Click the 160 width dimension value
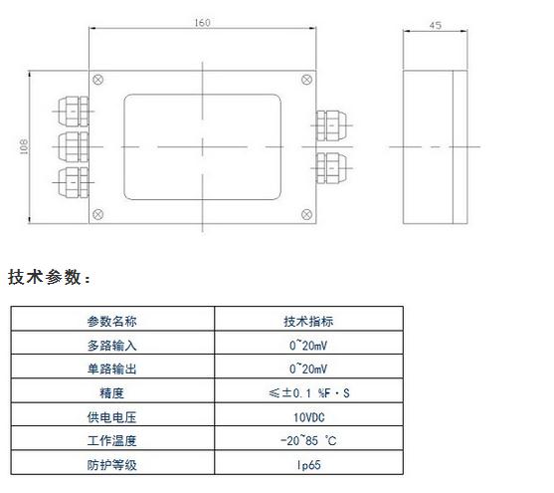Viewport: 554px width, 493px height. coord(203,23)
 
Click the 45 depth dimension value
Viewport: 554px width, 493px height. coord(436,26)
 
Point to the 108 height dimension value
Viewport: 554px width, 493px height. coord(24,146)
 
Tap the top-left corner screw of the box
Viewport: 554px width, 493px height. coord(97,80)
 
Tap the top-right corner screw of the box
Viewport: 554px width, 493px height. coord(306,80)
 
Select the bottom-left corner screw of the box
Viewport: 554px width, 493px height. coord(97,214)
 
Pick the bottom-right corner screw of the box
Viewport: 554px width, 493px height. coord(306,214)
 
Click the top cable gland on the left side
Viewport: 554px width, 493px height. coord(74,112)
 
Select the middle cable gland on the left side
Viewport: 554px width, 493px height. coord(74,146)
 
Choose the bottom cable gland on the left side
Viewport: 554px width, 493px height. coord(74,182)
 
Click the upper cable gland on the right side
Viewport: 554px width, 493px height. coord(331,125)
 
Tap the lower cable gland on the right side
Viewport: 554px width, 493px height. coord(331,168)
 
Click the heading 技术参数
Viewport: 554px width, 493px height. coord(45,277)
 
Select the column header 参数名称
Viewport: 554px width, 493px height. coord(112,322)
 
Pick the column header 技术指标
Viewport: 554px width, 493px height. coord(308,322)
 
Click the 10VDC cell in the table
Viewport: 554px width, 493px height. coord(308,417)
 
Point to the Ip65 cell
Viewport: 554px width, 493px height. coord(308,465)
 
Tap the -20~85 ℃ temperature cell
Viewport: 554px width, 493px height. coord(308,441)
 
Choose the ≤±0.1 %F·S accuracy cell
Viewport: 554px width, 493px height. coord(309,393)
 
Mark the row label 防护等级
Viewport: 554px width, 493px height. coord(112,465)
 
